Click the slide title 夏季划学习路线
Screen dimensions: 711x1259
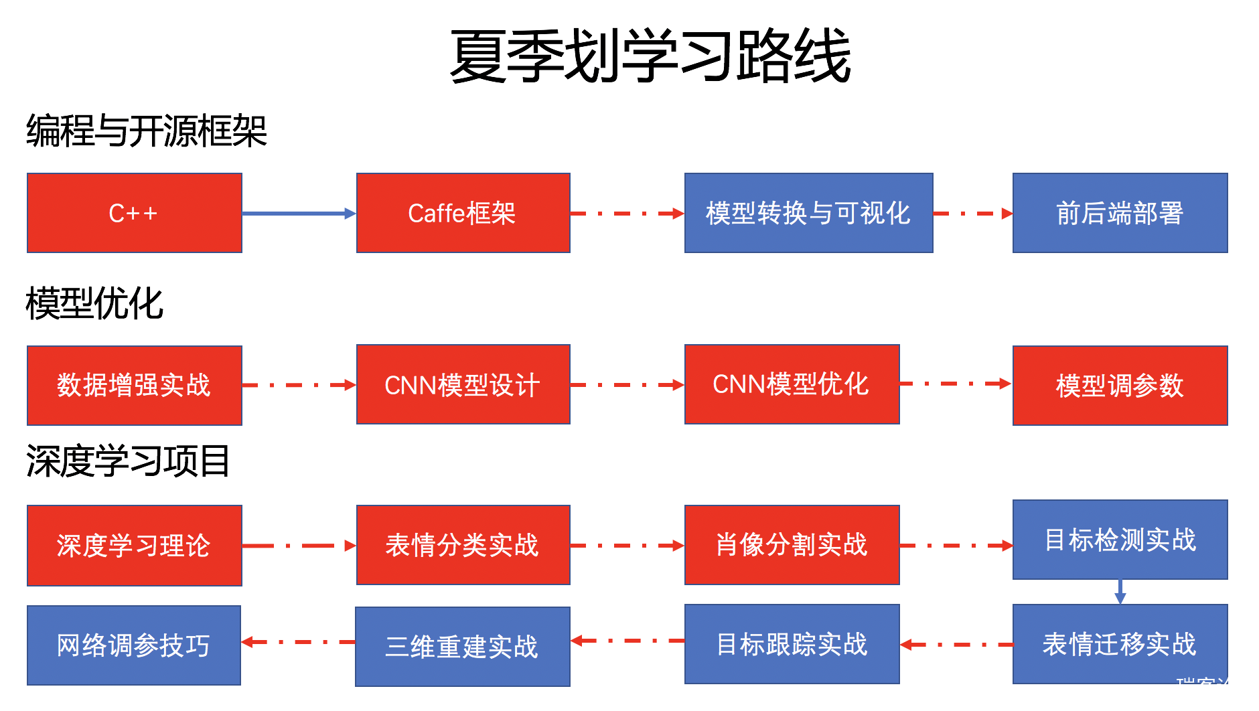(650, 56)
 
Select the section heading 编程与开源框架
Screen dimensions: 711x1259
(147, 131)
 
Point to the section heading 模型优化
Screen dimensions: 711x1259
(94, 303)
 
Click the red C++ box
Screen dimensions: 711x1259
(134, 213)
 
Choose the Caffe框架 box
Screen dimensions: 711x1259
(463, 213)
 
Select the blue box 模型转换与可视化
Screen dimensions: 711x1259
(808, 213)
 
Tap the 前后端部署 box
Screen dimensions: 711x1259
(1120, 213)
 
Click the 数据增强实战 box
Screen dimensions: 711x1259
(134, 385)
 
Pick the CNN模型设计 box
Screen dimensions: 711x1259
(463, 384)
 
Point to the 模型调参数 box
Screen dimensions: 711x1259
(1120, 385)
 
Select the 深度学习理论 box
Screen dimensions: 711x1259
(134, 545)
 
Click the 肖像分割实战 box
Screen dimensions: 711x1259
(792, 544)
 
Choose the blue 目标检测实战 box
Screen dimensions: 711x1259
(1120, 539)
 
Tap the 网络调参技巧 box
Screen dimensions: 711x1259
(133, 645)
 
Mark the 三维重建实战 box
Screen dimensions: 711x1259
(462, 646)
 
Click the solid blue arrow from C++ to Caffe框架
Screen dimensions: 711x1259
(299, 214)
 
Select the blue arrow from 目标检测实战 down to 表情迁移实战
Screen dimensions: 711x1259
(1120, 592)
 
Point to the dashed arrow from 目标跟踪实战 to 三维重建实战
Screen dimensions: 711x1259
(627, 641)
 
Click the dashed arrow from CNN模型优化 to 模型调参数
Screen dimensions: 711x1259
(956, 384)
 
